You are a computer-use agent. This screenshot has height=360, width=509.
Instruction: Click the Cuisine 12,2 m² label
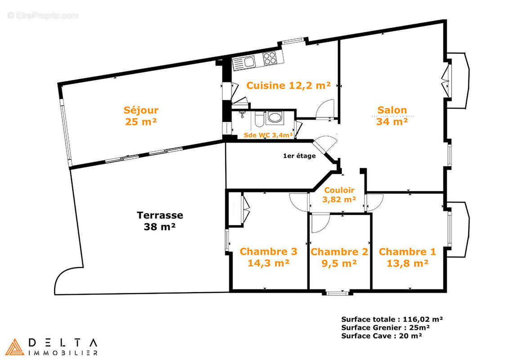289,85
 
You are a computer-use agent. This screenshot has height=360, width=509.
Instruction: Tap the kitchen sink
243,63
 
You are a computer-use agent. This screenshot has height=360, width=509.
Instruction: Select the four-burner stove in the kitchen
270,58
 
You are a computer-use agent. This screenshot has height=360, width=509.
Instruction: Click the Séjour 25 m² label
141,116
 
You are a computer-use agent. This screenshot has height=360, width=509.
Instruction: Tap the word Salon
392,110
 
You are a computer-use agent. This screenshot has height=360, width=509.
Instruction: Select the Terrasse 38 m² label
160,221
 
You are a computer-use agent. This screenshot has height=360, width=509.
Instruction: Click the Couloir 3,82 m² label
339,194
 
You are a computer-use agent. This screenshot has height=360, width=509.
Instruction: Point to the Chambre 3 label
268,252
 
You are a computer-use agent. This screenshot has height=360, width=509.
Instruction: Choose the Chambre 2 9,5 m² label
339,257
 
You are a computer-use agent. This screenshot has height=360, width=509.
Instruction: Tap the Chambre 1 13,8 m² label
407,257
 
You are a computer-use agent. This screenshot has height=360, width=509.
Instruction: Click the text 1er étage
299,156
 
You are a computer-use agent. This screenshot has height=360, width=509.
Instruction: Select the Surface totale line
392,319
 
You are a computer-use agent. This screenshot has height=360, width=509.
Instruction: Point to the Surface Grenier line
386,328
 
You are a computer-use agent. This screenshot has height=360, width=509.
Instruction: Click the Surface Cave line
382,336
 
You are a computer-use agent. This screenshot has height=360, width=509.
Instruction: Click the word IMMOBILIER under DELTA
63,353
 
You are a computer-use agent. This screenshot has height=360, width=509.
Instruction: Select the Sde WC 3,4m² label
268,135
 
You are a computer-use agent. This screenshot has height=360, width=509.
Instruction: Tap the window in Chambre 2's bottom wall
337,293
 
